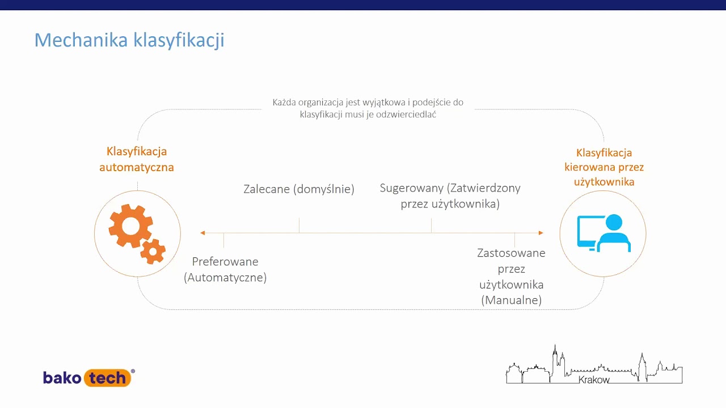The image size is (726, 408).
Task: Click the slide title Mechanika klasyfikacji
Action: [129, 40]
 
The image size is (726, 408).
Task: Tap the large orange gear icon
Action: [130, 226]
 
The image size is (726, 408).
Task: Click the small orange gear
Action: [153, 252]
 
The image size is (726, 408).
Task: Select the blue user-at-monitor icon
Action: [603, 232]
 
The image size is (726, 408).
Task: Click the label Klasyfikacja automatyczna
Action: [137, 159]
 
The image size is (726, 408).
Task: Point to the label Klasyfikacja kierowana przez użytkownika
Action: [603, 167]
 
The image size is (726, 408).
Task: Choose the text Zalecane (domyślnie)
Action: [299, 189]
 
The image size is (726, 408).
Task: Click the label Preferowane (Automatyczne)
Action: [225, 269]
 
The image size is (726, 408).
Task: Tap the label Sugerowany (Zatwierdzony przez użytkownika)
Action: [450, 195]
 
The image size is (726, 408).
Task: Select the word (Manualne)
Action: [511, 300]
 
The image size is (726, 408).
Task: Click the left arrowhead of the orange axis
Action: [202, 233]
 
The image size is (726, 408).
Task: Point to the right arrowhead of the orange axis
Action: [541, 233]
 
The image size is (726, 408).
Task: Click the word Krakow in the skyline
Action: [594, 380]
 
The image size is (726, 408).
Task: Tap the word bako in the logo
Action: [62, 377]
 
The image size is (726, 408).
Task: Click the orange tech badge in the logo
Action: [108, 378]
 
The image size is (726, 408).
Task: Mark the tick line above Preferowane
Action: [223, 240]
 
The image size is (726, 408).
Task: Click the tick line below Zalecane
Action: [299, 226]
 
